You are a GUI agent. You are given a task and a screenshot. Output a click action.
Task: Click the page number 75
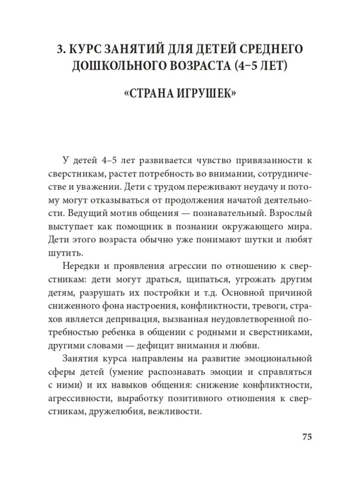[307, 436]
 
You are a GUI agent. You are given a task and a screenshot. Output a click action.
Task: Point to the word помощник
[143, 225]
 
